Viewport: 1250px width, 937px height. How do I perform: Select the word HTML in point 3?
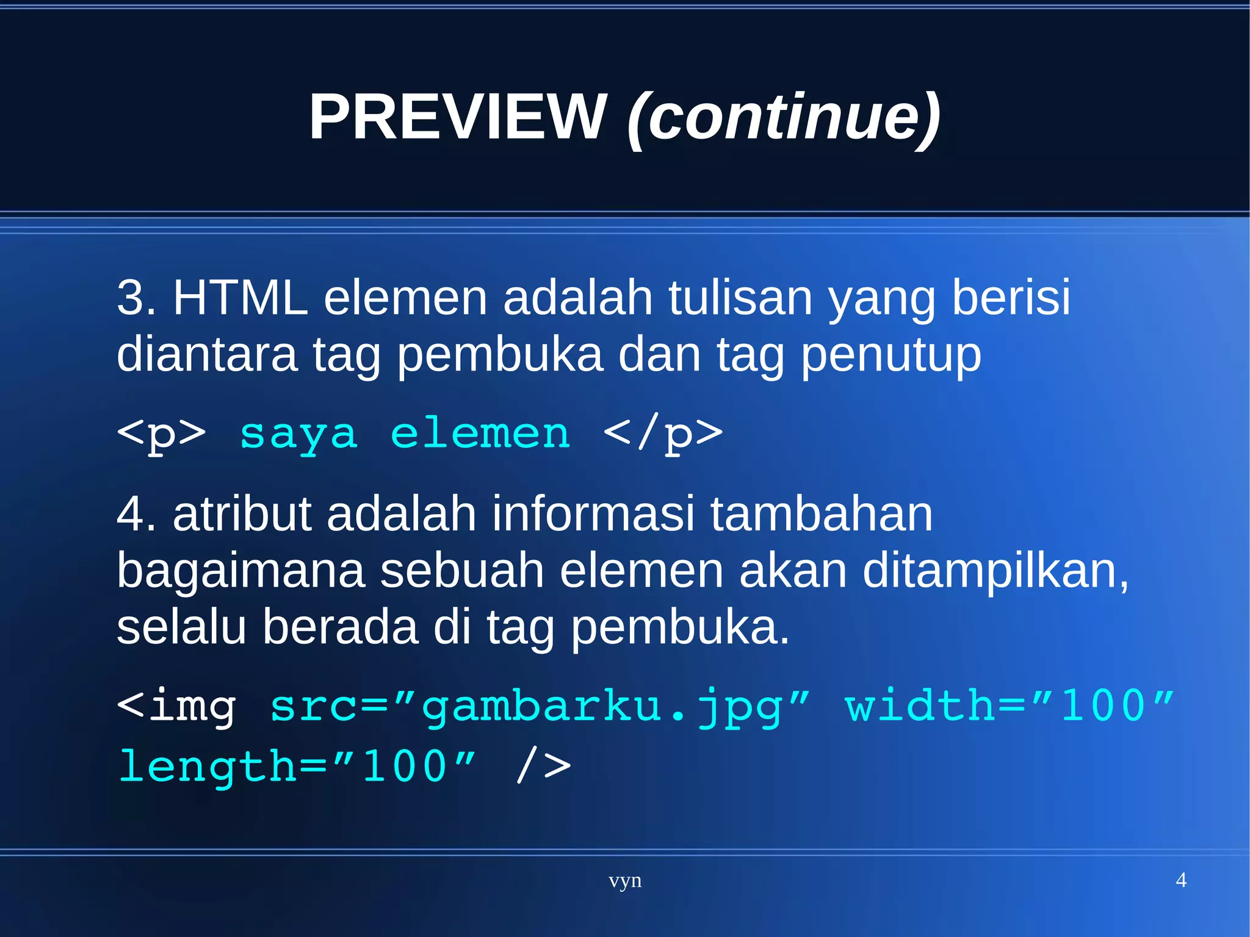tap(240, 297)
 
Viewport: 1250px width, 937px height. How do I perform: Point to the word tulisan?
tap(740, 297)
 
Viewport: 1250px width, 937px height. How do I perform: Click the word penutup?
tap(891, 355)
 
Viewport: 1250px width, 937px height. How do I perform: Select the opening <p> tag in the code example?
tap(161, 435)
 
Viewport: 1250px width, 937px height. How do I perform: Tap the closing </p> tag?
tap(663, 435)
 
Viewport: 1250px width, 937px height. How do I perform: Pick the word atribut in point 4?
tap(242, 514)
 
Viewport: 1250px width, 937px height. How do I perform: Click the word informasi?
tap(593, 514)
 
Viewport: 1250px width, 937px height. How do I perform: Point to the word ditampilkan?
tap(995, 571)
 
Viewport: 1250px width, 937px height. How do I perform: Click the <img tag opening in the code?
tap(176, 706)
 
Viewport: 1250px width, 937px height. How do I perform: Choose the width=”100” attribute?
tap(1009, 706)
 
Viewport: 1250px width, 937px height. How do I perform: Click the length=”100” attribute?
tap(297, 767)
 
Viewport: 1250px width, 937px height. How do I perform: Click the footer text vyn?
tap(625, 881)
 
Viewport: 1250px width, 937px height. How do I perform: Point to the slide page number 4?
tap(1180, 880)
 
